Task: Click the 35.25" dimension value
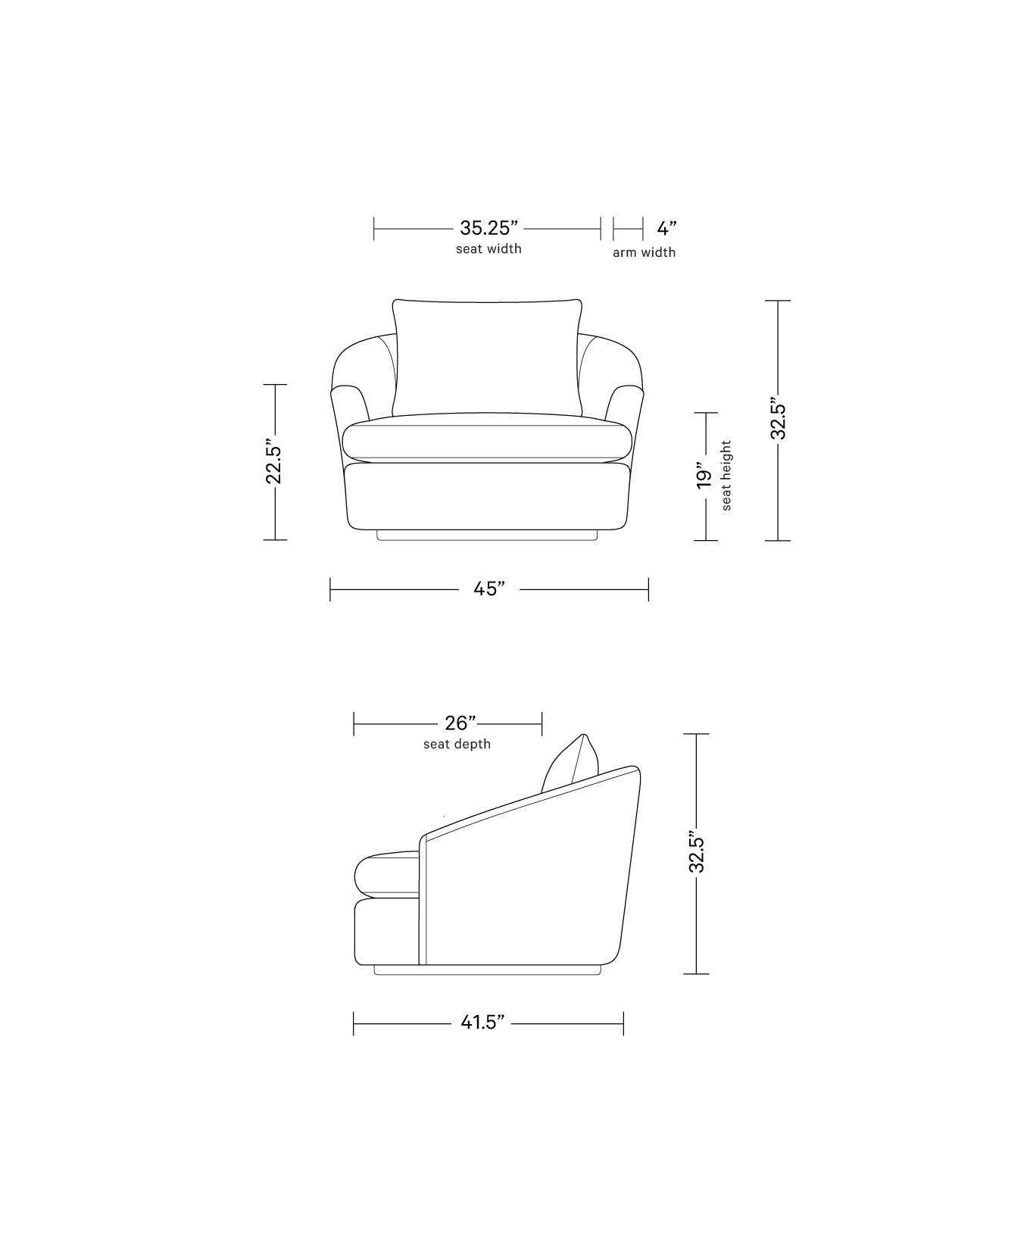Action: pyautogui.click(x=488, y=228)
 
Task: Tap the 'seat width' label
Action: pyautogui.click(x=488, y=248)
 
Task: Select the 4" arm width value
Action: pyautogui.click(x=666, y=228)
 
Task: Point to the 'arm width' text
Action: pyautogui.click(x=644, y=252)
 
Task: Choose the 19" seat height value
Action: pyautogui.click(x=704, y=477)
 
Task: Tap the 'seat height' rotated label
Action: pyautogui.click(x=727, y=476)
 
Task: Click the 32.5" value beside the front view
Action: pyautogui.click(x=779, y=418)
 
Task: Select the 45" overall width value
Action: pyautogui.click(x=489, y=589)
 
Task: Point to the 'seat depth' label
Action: pyautogui.click(x=457, y=744)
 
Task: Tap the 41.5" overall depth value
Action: pyautogui.click(x=482, y=1023)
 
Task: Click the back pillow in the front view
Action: pyautogui.click(x=488, y=356)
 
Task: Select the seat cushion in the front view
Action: pyautogui.click(x=488, y=441)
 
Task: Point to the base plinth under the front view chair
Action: pyautogui.click(x=488, y=536)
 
